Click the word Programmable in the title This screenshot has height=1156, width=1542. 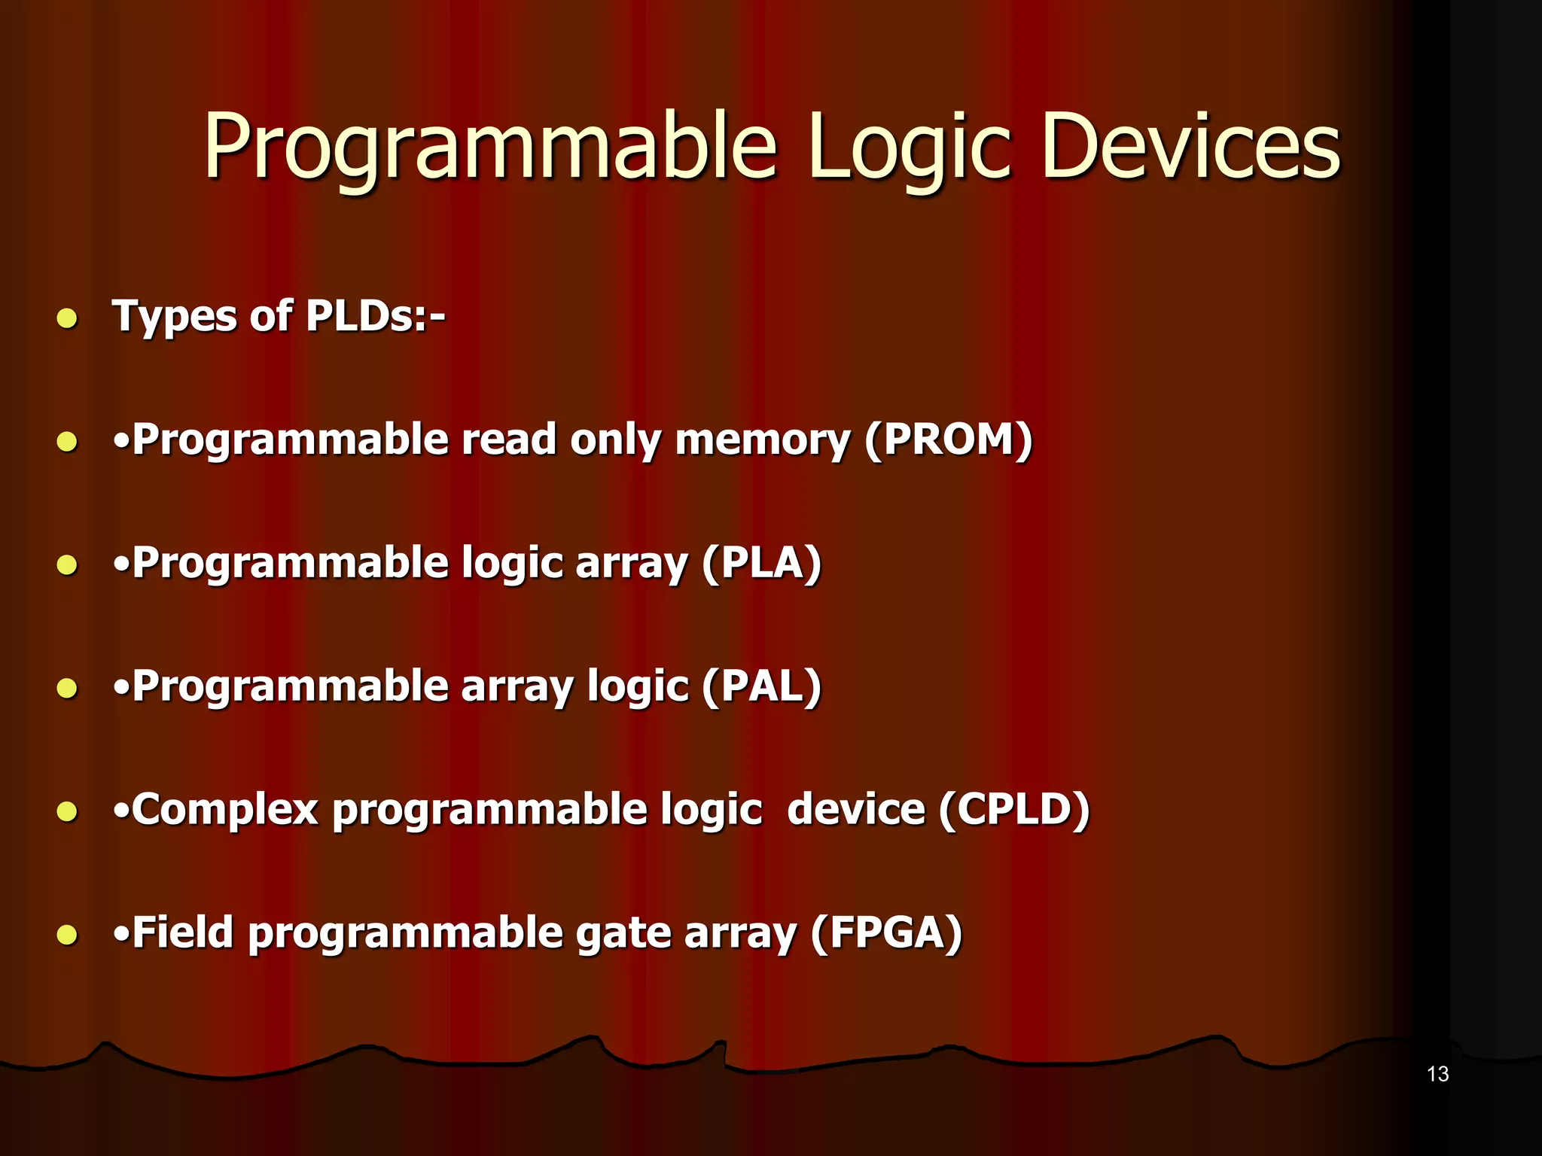[x=489, y=147]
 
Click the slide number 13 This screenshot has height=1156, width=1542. [x=1437, y=1074]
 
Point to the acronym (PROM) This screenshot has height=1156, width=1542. [x=949, y=440]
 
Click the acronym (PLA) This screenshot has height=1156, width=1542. [x=761, y=563]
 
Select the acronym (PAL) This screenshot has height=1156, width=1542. [x=761, y=686]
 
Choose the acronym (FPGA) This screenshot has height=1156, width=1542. [x=886, y=933]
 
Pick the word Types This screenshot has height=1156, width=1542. [x=175, y=317]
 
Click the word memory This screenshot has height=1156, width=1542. [x=762, y=441]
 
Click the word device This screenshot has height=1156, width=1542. [x=855, y=810]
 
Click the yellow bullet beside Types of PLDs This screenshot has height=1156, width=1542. [x=67, y=318]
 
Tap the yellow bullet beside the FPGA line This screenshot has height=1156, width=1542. [x=67, y=935]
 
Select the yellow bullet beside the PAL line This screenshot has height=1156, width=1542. [x=67, y=688]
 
